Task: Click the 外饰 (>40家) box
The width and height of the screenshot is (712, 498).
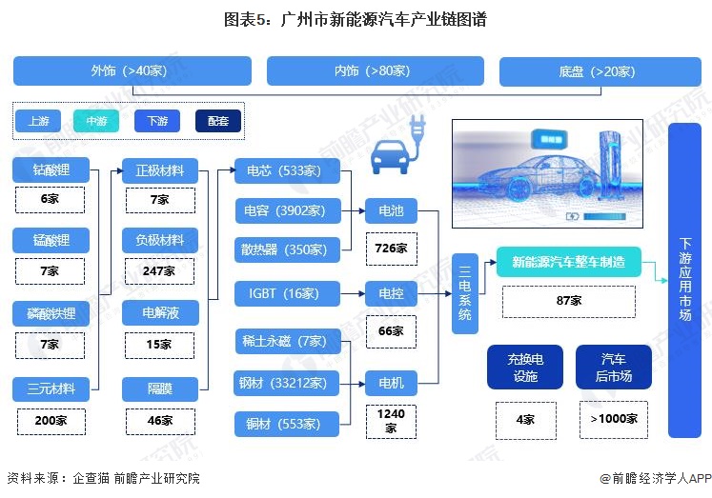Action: pyautogui.click(x=132, y=70)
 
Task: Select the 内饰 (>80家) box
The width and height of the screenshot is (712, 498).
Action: pyautogui.click(x=376, y=70)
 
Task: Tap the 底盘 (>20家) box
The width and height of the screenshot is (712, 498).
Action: pyautogui.click(x=600, y=71)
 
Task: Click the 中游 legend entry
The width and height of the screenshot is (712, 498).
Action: pyautogui.click(x=96, y=121)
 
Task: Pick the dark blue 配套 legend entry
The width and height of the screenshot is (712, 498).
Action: pyautogui.click(x=218, y=121)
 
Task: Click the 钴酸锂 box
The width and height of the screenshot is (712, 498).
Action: pyautogui.click(x=51, y=170)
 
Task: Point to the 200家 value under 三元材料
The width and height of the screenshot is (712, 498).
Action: pyautogui.click(x=51, y=422)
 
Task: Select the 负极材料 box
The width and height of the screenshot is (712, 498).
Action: pyautogui.click(x=160, y=240)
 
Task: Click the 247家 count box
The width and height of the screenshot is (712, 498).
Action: pyautogui.click(x=159, y=271)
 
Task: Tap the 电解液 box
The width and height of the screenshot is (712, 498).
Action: pyautogui.click(x=160, y=312)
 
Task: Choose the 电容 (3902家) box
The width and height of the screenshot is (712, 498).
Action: pyautogui.click(x=288, y=210)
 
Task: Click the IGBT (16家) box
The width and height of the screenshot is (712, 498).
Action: pyautogui.click(x=288, y=294)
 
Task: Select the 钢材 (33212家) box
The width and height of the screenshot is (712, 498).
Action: pyautogui.click(x=287, y=383)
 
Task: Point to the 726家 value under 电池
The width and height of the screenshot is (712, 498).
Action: pyautogui.click(x=392, y=249)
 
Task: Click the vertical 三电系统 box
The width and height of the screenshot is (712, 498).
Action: pyautogui.click(x=465, y=294)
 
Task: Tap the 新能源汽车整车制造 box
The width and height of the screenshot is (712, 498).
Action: pyautogui.click(x=568, y=262)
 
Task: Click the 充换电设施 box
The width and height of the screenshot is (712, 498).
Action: pyautogui.click(x=525, y=368)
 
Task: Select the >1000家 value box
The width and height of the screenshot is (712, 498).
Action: pyautogui.click(x=614, y=420)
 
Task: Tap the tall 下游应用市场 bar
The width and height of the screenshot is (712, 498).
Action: pyautogui.click(x=684, y=280)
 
